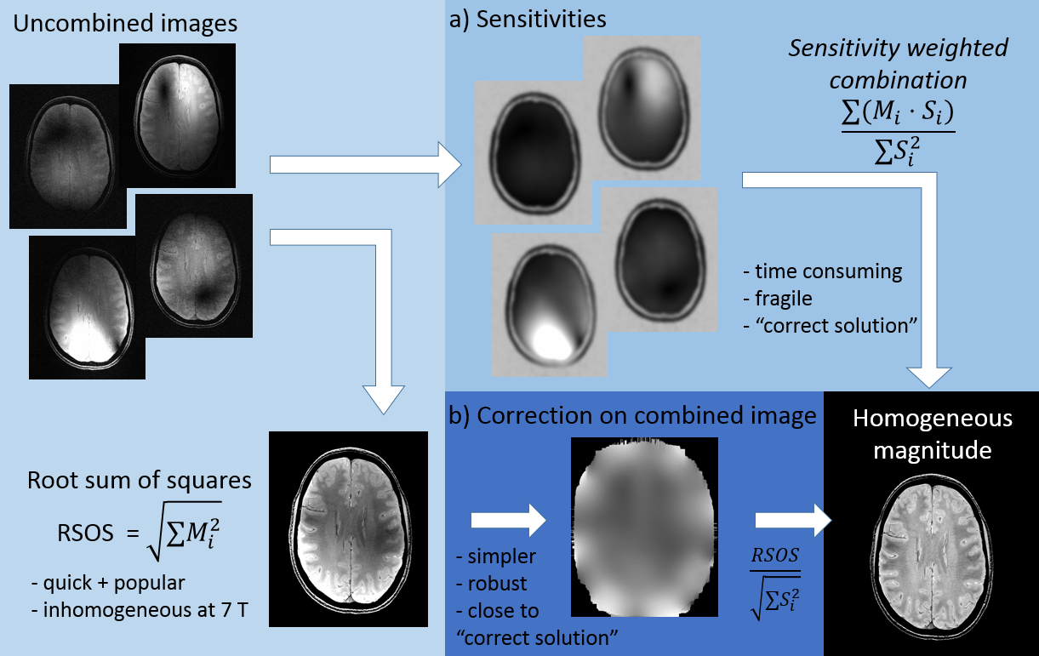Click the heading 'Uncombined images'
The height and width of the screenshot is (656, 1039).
[124, 24]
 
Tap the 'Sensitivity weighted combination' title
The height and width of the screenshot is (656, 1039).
[898, 64]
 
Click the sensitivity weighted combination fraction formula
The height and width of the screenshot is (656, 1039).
[898, 129]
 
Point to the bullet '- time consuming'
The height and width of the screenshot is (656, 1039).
[822, 272]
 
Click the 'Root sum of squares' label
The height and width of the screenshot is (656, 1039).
[140, 480]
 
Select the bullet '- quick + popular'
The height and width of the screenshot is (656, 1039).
[106, 583]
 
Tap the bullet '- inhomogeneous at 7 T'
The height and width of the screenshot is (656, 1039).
[125, 611]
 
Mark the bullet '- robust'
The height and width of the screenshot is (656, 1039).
[491, 585]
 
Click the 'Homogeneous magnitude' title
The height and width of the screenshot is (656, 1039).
[933, 433]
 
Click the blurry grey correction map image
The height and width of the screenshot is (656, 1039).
[644, 528]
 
